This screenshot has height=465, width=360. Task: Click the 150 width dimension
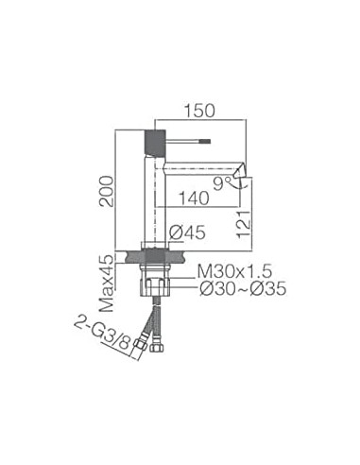[199, 111]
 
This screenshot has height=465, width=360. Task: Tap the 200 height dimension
[106, 192]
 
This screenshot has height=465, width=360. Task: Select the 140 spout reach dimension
[194, 198]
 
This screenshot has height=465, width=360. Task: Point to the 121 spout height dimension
[244, 224]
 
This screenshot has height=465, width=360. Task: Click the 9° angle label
[222, 183]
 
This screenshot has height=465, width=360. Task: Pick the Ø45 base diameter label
[187, 233]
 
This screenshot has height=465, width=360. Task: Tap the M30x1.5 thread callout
[234, 271]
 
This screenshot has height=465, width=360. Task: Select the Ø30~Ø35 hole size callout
[243, 288]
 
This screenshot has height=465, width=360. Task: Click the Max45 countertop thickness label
[106, 284]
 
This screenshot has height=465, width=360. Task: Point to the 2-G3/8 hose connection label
[102, 335]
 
